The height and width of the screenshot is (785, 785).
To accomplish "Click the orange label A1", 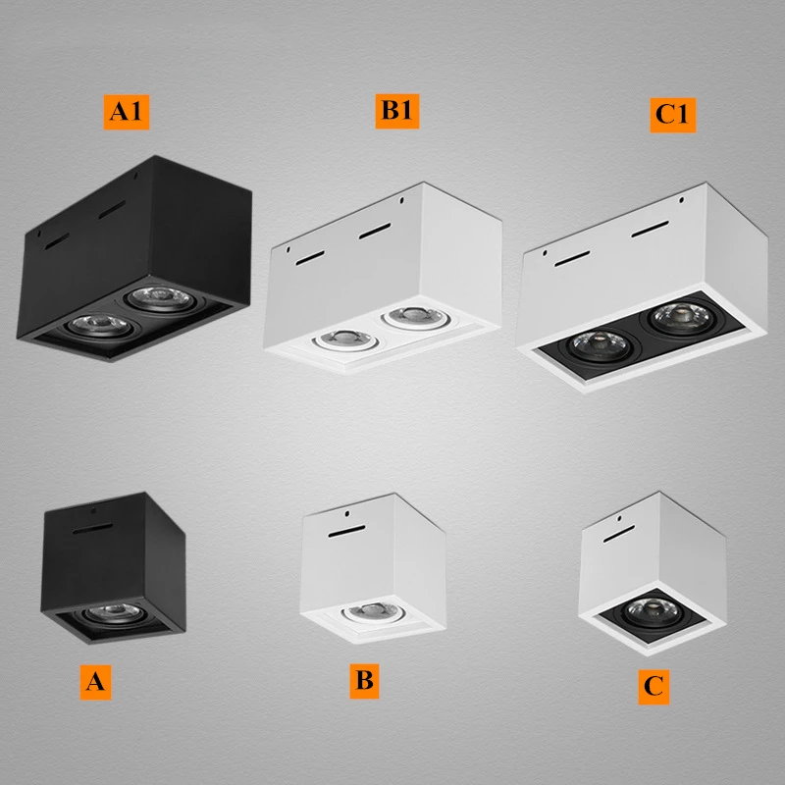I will [127, 112].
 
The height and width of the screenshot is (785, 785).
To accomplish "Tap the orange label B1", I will [396, 111].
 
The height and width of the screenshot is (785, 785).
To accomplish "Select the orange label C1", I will [674, 115].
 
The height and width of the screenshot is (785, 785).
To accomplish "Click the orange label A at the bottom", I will [94, 683].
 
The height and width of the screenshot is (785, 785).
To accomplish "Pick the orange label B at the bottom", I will [364, 679].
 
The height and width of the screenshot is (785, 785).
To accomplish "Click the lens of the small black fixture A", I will [101, 615].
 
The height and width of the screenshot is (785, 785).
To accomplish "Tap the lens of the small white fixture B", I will [368, 608].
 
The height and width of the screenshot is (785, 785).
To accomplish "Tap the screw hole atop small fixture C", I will [620, 516].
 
